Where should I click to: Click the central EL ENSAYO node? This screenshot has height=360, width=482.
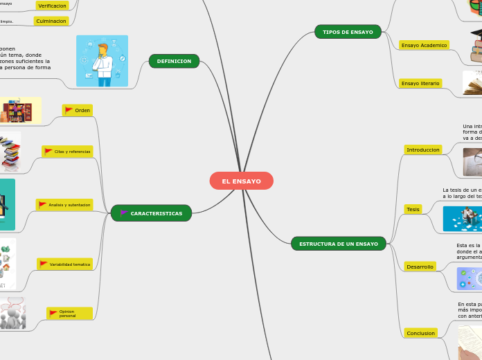(x=241, y=181)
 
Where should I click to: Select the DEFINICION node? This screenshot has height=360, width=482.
(x=174, y=61)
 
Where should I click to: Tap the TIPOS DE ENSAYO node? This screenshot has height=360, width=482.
(x=348, y=32)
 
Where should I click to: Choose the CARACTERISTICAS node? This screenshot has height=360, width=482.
(x=152, y=213)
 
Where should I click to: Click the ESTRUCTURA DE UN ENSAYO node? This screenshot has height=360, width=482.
(x=339, y=244)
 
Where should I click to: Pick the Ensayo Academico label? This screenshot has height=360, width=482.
(x=424, y=45)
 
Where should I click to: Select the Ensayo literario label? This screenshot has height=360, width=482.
(x=420, y=83)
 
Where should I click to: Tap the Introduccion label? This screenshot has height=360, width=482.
(x=423, y=150)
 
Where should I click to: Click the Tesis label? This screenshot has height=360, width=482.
(x=413, y=209)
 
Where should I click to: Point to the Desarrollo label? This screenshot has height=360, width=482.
(x=420, y=267)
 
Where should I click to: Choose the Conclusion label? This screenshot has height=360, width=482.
(x=420, y=333)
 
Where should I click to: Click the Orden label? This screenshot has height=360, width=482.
(x=78, y=110)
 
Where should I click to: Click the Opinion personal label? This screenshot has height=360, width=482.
(x=69, y=314)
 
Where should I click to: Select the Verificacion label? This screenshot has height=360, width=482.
(x=52, y=6)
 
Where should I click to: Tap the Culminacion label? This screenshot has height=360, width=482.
(x=52, y=21)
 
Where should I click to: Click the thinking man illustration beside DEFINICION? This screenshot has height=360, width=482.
(x=102, y=61)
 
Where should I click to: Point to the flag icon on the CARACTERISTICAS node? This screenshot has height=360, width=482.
(x=124, y=213)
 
